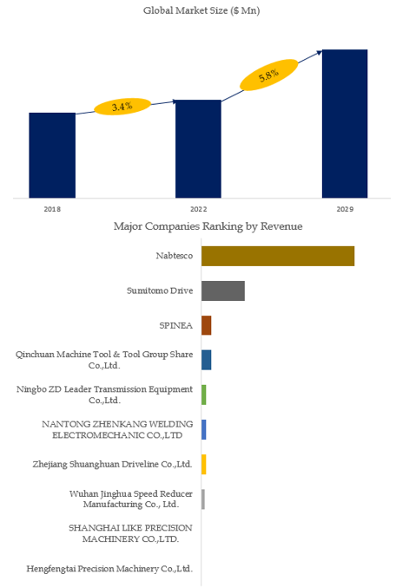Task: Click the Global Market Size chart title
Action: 201,10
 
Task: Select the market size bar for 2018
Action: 52,155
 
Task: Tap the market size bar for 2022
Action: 198,148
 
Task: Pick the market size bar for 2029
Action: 345,123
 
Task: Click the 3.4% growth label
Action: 122,107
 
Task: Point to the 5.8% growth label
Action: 269,75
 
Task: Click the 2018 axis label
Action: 52,209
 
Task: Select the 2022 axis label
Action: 198,209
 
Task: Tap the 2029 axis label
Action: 345,209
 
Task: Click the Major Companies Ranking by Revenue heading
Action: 208,226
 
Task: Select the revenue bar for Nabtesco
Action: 278,256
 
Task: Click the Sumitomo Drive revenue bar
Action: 223,290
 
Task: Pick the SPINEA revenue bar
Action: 207,325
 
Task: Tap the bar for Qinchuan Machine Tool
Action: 207,360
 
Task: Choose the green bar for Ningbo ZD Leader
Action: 203,395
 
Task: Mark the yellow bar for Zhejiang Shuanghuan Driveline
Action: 203,465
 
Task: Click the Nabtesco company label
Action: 175,256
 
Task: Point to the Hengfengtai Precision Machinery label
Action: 109,569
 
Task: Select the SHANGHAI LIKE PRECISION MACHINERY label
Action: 130,533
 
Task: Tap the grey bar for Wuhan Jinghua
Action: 203,499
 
